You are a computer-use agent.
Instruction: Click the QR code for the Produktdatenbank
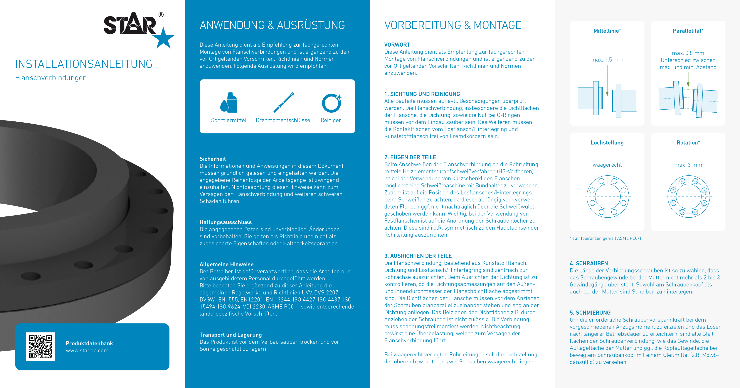pos(40,347)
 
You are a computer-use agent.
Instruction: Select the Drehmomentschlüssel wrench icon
pos(284,102)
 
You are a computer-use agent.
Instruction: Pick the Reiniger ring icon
pos(332,103)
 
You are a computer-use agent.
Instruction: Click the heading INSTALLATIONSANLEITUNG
pos(84,64)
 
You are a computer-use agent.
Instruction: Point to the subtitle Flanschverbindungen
pos(51,78)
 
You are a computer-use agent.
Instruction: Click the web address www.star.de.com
pos(87,351)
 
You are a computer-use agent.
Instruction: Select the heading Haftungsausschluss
pos(226,222)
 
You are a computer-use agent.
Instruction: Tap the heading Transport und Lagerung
pos(230,335)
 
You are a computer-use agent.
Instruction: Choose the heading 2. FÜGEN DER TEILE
pos(410,157)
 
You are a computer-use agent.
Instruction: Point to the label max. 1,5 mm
pos(607,60)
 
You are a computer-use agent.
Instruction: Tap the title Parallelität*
pos(688,31)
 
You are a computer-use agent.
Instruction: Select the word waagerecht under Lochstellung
pos(607,165)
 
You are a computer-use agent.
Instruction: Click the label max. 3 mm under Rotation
pos(688,165)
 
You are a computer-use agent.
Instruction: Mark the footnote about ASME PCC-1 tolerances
pos(605,238)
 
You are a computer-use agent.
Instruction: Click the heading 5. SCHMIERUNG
pos(590,313)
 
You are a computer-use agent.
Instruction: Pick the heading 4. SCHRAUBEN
pos(589,263)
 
